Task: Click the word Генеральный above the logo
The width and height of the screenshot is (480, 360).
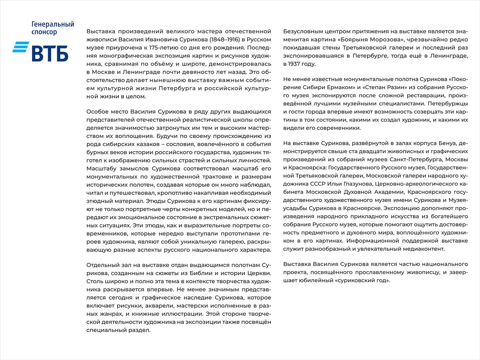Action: (x=53, y=24)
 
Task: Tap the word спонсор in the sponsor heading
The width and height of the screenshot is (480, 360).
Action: (x=44, y=32)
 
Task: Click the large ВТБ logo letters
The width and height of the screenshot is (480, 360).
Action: (x=50, y=52)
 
